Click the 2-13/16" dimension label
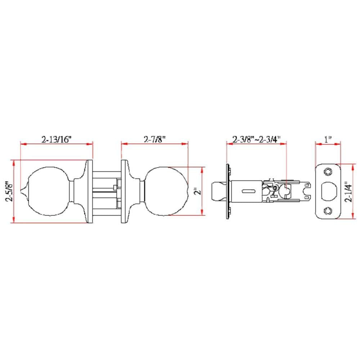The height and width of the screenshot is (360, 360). pyautogui.click(x=57, y=139)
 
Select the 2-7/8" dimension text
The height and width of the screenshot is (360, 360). pyautogui.click(x=154, y=139)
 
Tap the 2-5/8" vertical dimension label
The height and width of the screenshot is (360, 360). pyautogui.click(x=10, y=191)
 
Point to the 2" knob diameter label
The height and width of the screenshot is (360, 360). pyautogui.click(x=197, y=191)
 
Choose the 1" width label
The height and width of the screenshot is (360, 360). pyautogui.click(x=328, y=139)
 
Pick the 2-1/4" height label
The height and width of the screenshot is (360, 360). pyautogui.click(x=348, y=192)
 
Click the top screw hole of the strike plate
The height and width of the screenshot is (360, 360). pyautogui.click(x=328, y=171)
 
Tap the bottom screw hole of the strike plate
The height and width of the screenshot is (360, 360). pyautogui.click(x=328, y=211)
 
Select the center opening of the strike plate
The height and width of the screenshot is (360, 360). pyautogui.click(x=328, y=191)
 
